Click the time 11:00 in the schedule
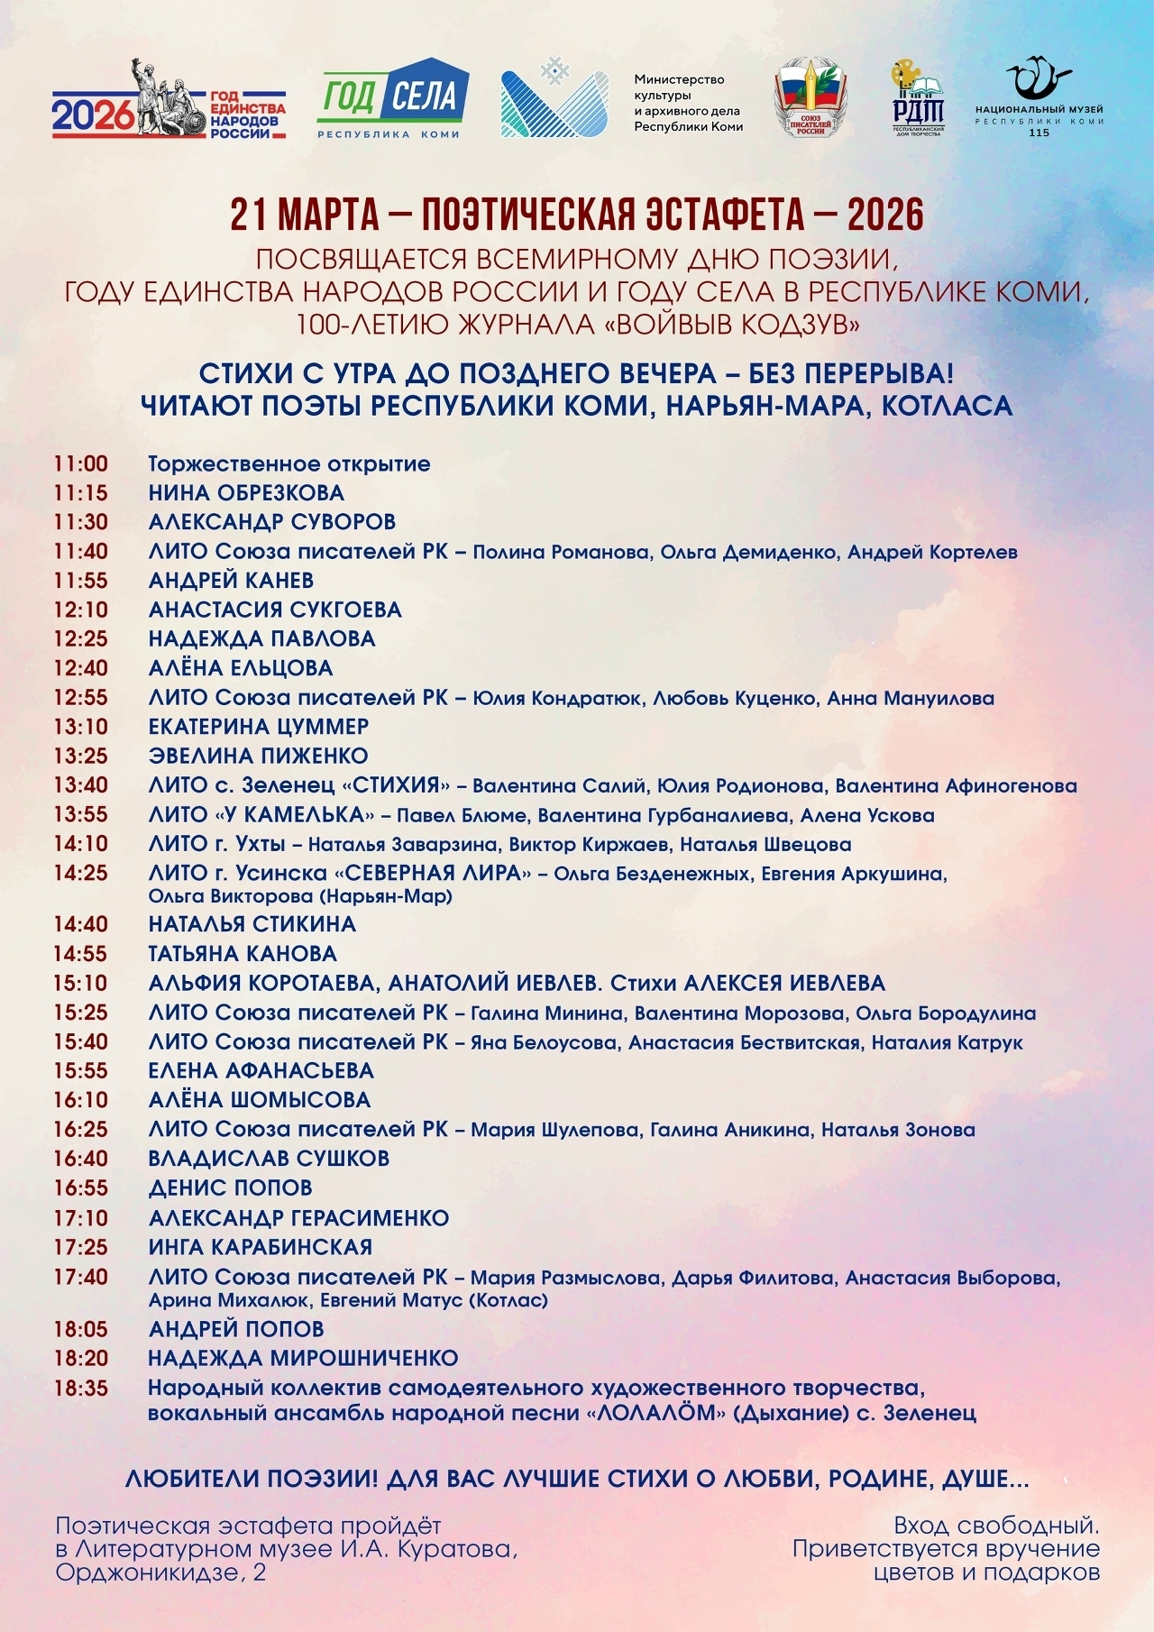point(80,464)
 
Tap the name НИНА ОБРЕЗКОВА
point(246,493)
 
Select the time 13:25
point(80,756)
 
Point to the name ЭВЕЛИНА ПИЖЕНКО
point(258,756)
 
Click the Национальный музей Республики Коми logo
point(1040,99)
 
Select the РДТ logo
point(918,99)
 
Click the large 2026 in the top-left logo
point(93,115)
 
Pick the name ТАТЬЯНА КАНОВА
point(243,954)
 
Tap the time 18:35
point(80,1389)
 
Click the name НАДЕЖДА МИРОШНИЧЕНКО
point(303,1358)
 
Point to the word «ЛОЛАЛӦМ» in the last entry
point(656,1414)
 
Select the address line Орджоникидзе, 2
point(160,1573)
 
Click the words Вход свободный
point(996,1526)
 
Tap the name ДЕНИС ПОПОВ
point(230,1187)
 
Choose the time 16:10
point(80,1100)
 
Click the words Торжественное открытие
point(289,464)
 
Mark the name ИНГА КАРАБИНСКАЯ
point(260,1247)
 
